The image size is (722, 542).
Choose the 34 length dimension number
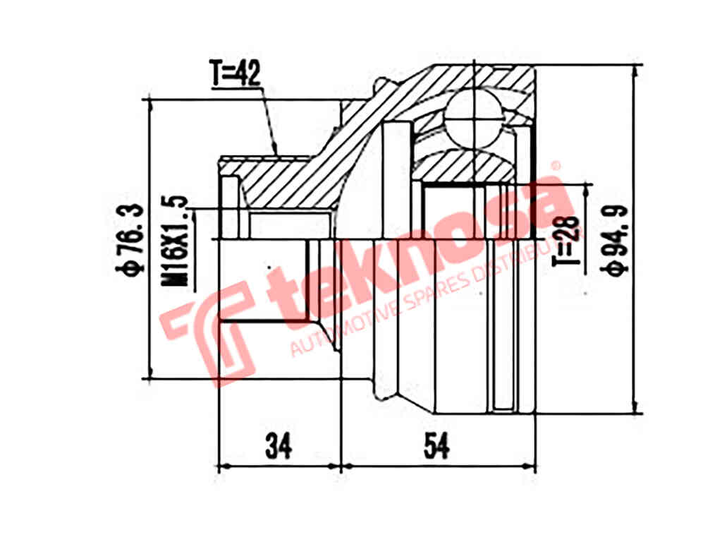(279, 445)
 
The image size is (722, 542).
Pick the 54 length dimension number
(436, 445)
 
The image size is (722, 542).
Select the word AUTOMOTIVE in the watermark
(345, 321)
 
